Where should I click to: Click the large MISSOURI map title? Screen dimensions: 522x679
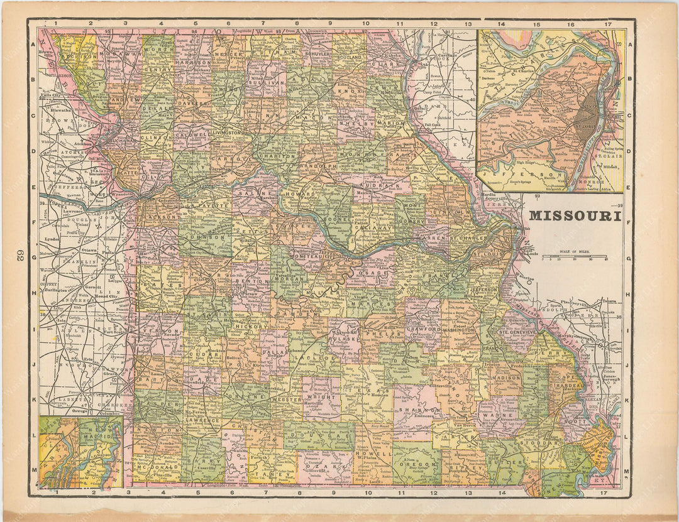tap(575, 215)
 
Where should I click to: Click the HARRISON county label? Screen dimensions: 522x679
tap(193, 63)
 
